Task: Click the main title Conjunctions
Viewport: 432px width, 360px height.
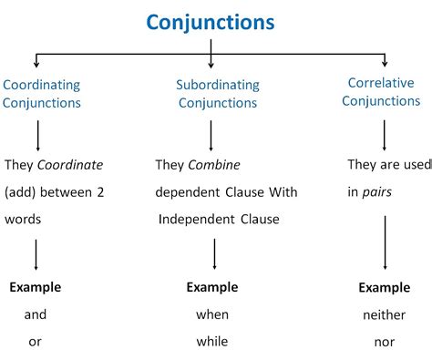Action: coord(211,22)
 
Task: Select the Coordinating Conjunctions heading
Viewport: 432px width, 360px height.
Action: coord(41,94)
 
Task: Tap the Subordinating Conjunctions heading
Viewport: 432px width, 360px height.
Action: coord(217,94)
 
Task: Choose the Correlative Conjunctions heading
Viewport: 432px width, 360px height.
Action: coord(381,92)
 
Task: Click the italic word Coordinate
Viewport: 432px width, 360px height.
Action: coord(69,165)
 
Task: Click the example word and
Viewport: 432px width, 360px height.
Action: coord(36,314)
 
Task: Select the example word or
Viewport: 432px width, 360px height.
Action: coord(36,342)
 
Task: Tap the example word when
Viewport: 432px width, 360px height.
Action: coord(211,314)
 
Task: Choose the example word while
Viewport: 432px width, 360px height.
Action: coord(211,342)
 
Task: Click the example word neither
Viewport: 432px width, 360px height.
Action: coord(384,315)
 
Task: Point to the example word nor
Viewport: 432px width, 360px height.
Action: coord(384,343)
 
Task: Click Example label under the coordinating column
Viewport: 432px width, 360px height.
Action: coord(36,287)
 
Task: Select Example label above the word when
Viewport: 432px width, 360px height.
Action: coord(212,287)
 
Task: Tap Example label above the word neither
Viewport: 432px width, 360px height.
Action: coord(384,288)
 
